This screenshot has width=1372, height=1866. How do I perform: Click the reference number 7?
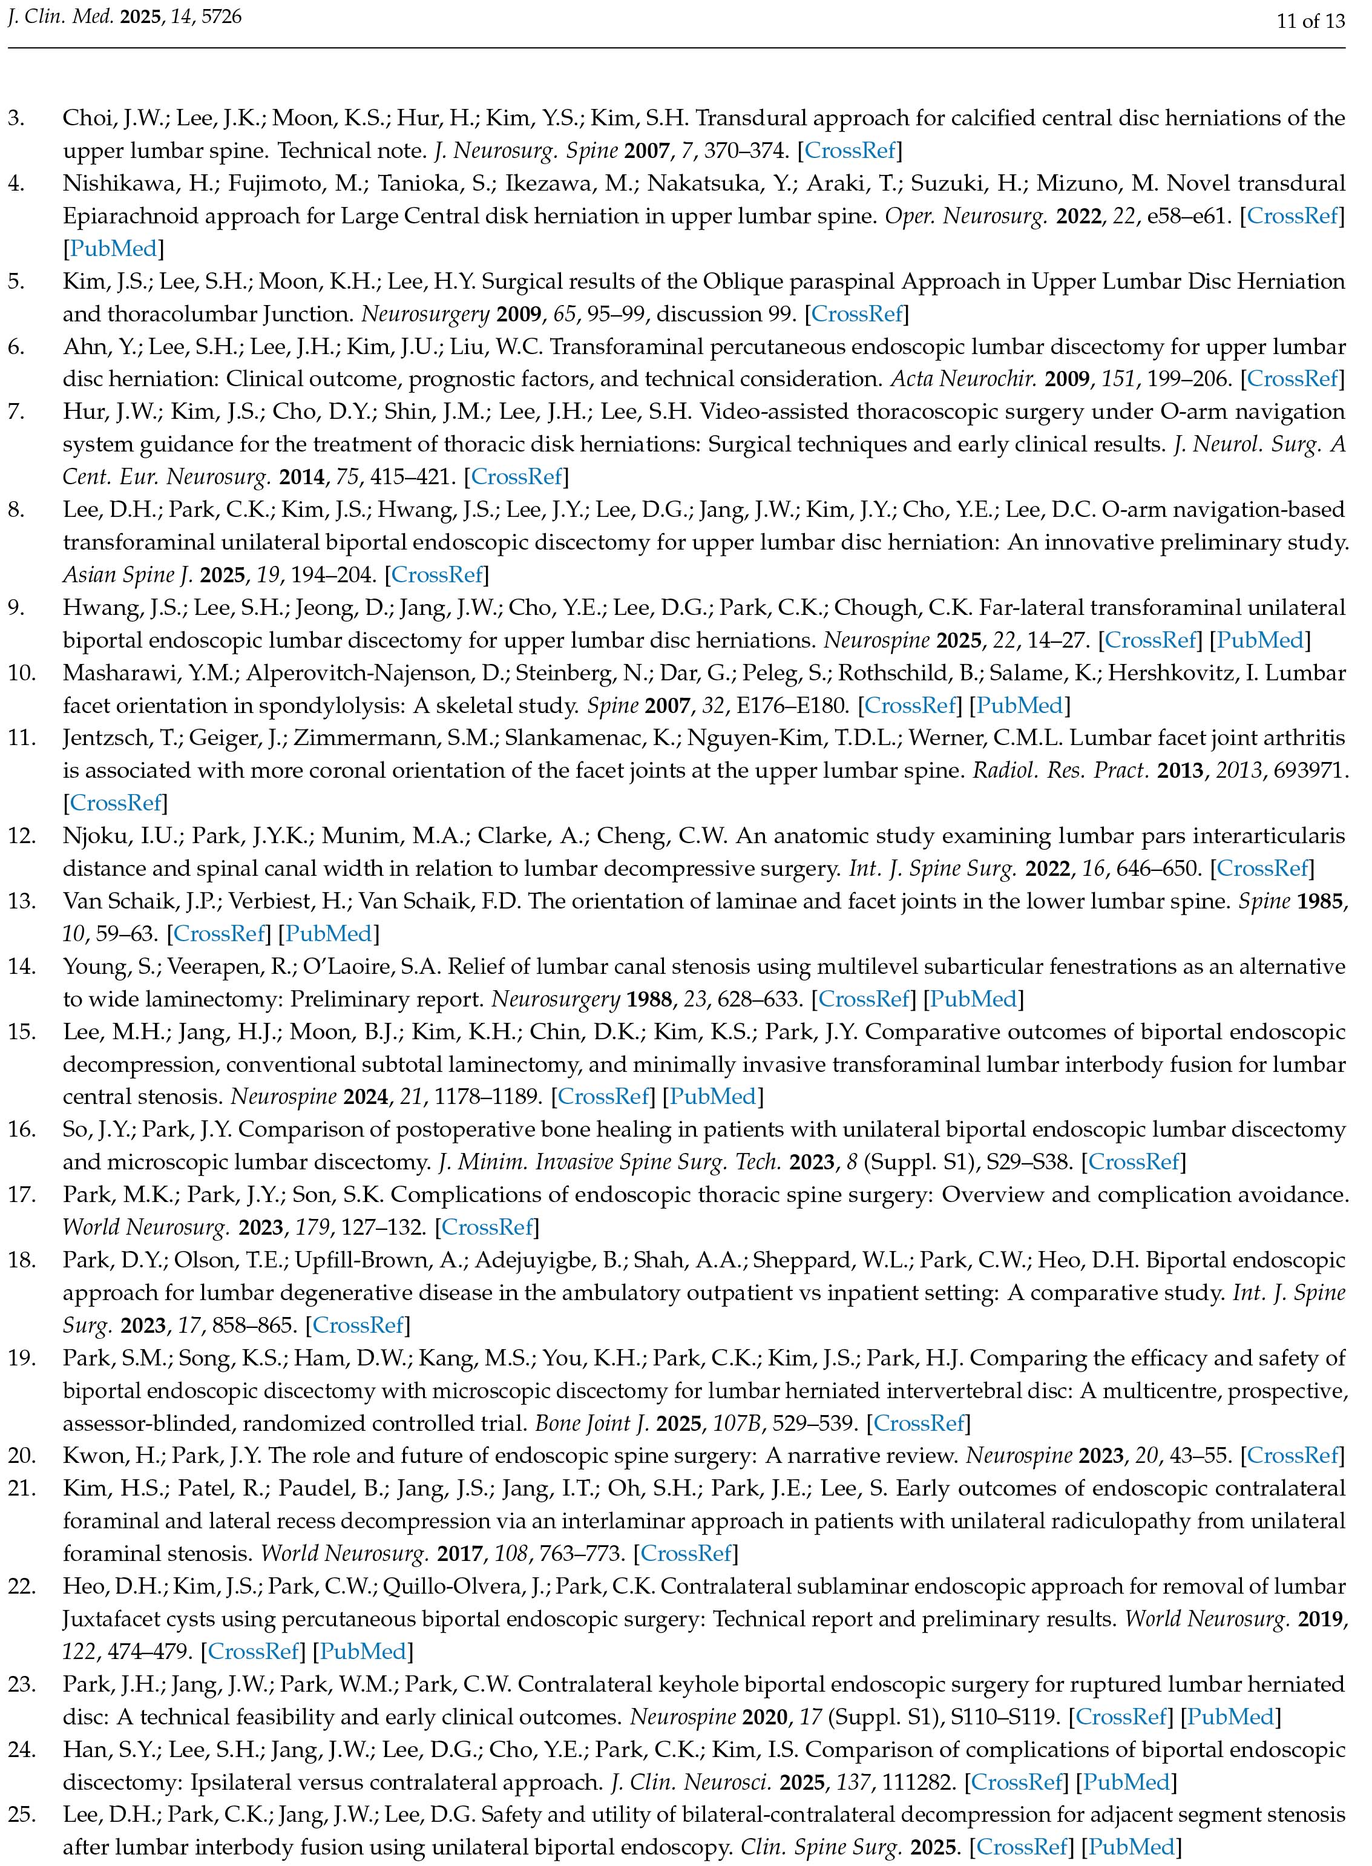point(16,412)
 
